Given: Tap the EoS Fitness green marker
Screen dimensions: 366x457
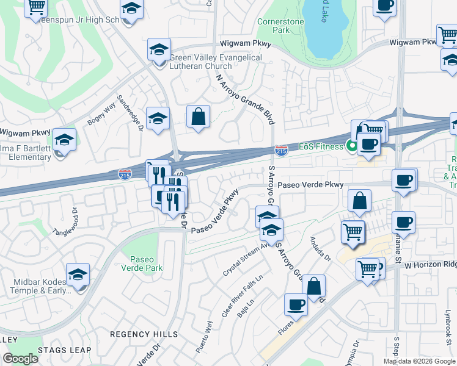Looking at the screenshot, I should pos(351,146).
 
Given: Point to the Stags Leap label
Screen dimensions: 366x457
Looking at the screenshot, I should pos(64,350).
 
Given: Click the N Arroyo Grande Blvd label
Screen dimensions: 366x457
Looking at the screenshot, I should pos(243,99).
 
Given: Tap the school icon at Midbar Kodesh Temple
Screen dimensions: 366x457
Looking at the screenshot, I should pos(78,275).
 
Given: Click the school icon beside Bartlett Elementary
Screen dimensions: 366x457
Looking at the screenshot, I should pos(64,140).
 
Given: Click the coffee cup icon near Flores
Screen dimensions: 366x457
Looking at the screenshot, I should pos(296,304).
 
